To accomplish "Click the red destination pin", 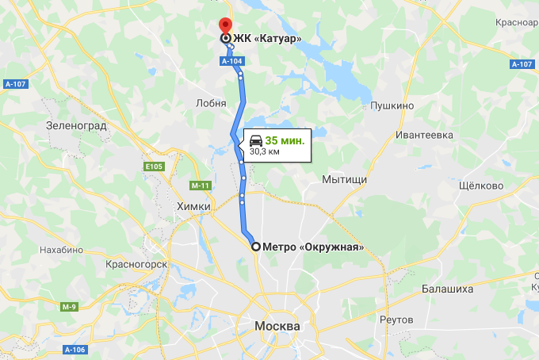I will (x=225, y=24).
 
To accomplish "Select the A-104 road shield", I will (x=231, y=59).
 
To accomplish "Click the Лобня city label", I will (x=210, y=103).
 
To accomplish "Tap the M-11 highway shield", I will (x=199, y=186).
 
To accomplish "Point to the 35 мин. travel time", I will (x=285, y=140).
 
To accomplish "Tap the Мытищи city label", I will (x=344, y=180).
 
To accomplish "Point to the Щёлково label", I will (x=481, y=186).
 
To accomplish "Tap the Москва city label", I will (x=277, y=327).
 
